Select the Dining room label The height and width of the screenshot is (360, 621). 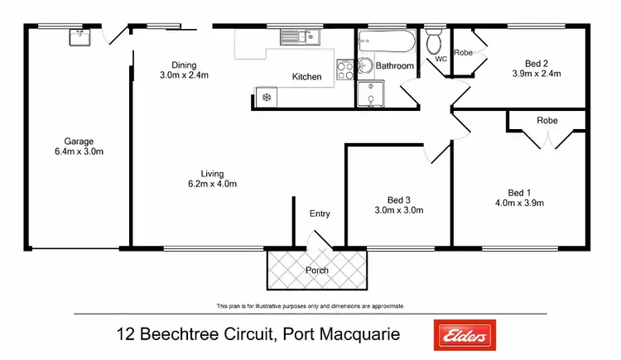(x=184, y=65)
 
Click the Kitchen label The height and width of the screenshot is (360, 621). (x=306, y=77)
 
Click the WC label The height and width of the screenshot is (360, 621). (x=440, y=60)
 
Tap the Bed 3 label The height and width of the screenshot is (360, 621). (x=398, y=199)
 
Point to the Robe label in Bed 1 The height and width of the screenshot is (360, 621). (x=547, y=120)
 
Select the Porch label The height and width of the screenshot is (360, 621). (x=316, y=270)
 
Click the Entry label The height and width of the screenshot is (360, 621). (x=320, y=214)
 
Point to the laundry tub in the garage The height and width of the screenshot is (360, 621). (x=79, y=36)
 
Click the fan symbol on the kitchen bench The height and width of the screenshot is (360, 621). (x=266, y=98)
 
